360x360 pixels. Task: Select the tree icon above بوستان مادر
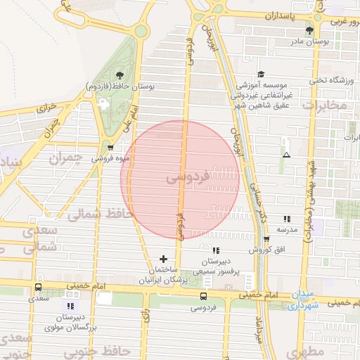click(x=310, y=30)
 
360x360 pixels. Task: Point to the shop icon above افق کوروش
click(x=266, y=239)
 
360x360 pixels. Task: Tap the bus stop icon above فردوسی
click(x=203, y=296)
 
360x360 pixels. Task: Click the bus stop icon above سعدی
click(x=38, y=287)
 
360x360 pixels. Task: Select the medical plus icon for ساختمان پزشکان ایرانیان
click(x=164, y=259)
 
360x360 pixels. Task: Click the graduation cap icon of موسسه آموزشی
click(x=261, y=74)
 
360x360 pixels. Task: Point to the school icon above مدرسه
click(x=287, y=219)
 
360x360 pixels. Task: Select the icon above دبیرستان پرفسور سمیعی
click(x=216, y=250)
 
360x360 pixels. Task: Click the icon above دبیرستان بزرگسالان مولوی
click(x=70, y=306)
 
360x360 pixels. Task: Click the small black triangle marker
click(x=285, y=154)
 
